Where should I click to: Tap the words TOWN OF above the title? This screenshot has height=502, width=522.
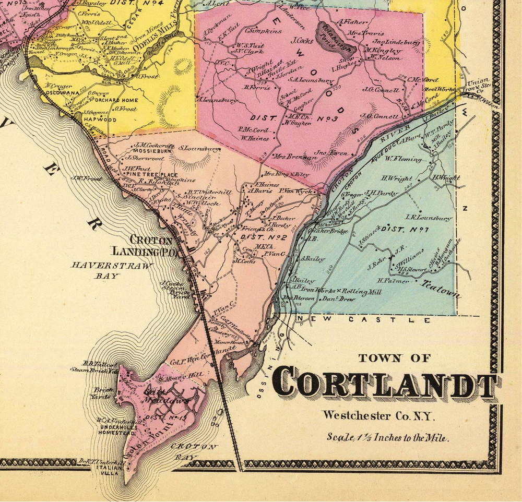point(395,358)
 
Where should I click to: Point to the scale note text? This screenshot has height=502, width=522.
point(387,437)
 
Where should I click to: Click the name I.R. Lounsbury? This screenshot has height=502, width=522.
point(428,218)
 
